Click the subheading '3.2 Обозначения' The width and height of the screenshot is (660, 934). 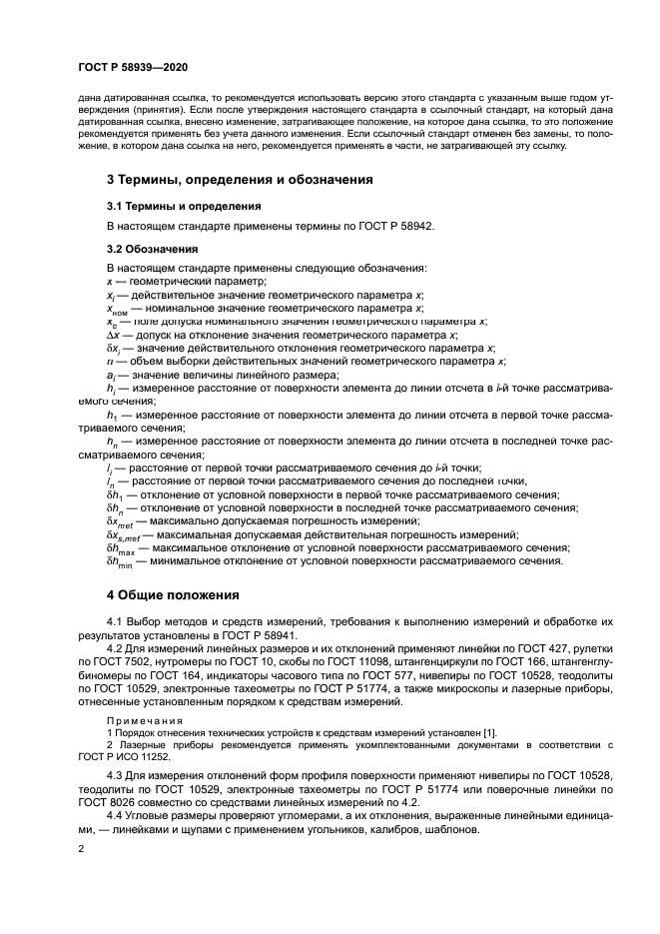[152, 248]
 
